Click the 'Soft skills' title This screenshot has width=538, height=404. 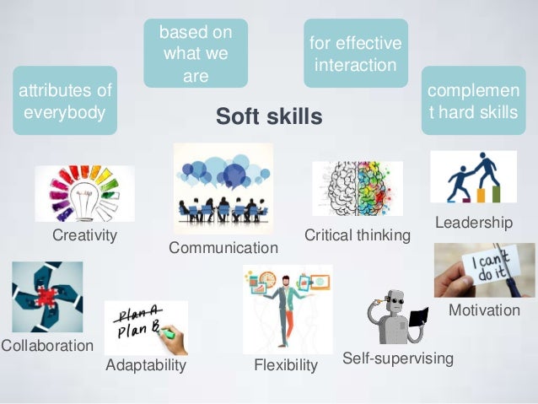pos(269,117)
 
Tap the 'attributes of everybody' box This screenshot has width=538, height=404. pos(65,100)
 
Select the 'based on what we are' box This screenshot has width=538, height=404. pos(195,54)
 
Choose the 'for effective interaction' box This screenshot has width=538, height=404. pos(356,53)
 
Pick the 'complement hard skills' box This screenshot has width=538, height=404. pos(473,100)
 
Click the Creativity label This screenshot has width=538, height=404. pos(84,235)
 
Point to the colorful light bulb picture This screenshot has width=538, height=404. pos(84,193)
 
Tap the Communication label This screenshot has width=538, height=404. pos(223,248)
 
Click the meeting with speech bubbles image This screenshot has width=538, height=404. pos(223,187)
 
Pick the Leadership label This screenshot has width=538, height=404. pos(473,223)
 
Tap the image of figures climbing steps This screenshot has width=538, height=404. pos(473,177)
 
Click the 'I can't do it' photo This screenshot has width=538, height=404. pos(484,270)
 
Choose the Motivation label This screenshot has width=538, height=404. pos(484,311)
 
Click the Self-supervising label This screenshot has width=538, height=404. pos(398,359)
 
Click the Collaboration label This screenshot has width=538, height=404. pos(47,346)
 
